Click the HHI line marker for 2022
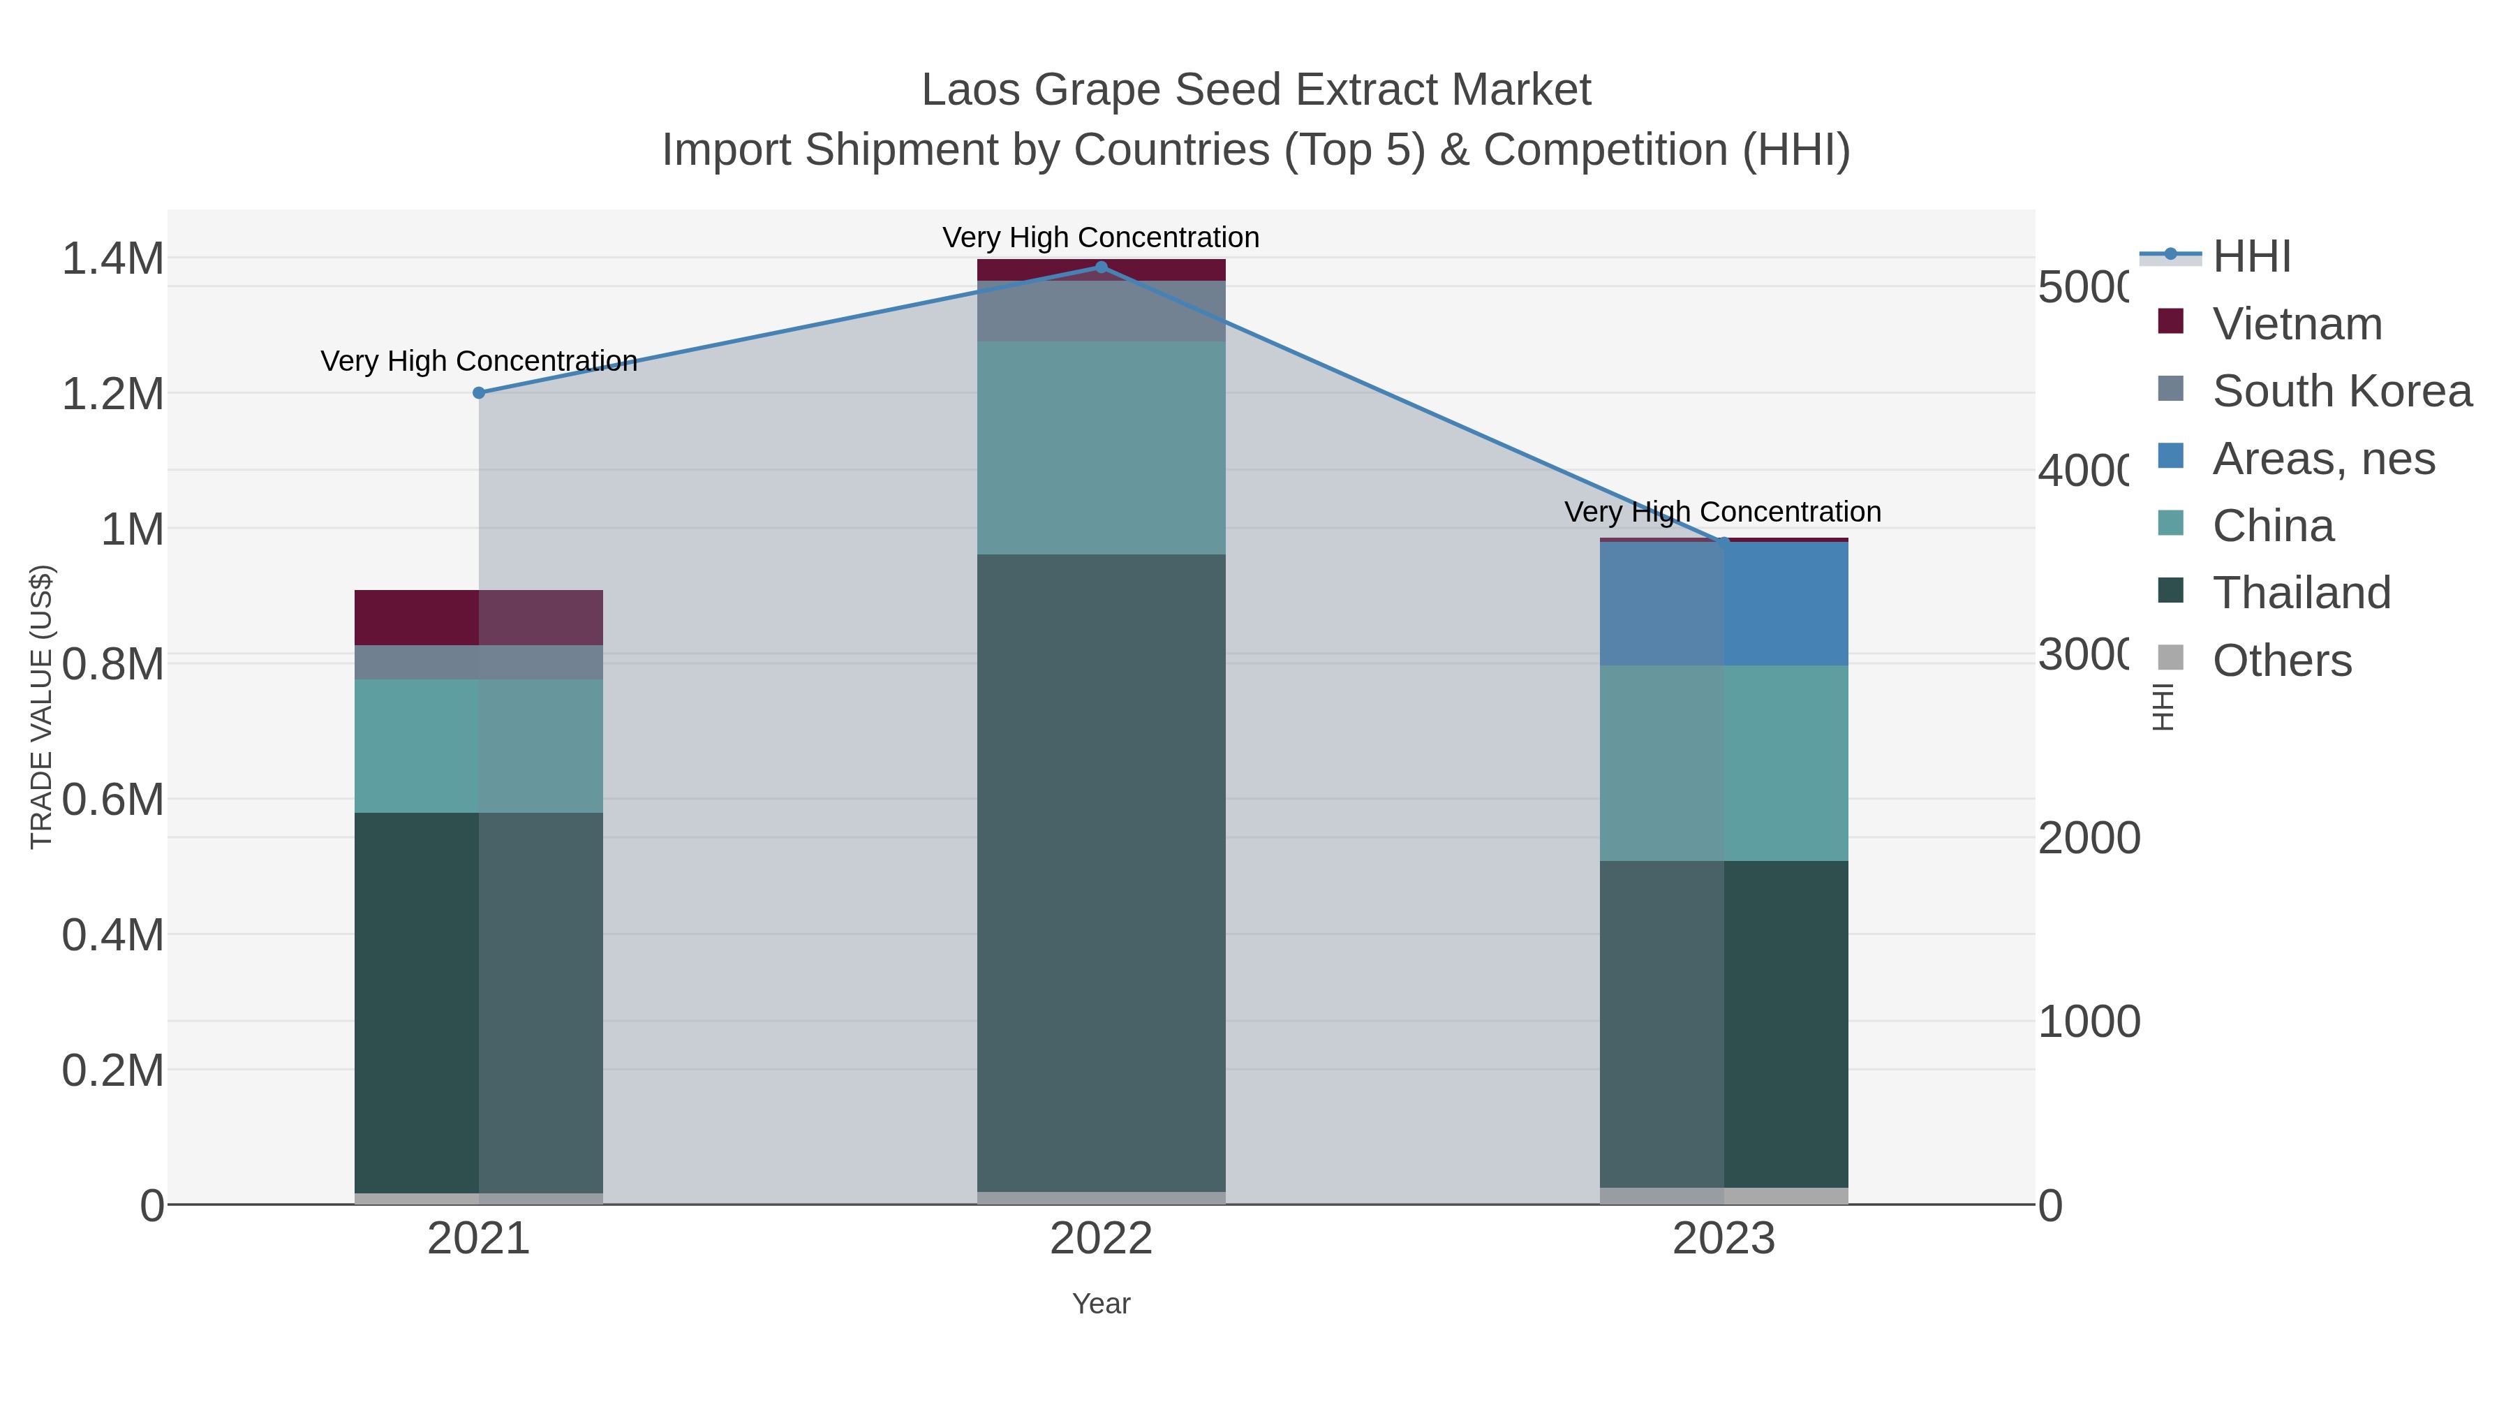pos(1102,267)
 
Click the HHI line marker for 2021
pos(479,393)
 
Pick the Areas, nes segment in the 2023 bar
pos(1723,604)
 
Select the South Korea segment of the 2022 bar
pos(1102,311)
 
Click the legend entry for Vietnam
pos(2297,324)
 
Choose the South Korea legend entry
pos(2341,391)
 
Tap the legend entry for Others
pos(2281,661)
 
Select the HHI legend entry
pos(2251,257)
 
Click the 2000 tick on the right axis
pos(2088,838)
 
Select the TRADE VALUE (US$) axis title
pos(42,707)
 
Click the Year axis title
pos(1102,1304)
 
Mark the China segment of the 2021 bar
pos(479,746)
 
